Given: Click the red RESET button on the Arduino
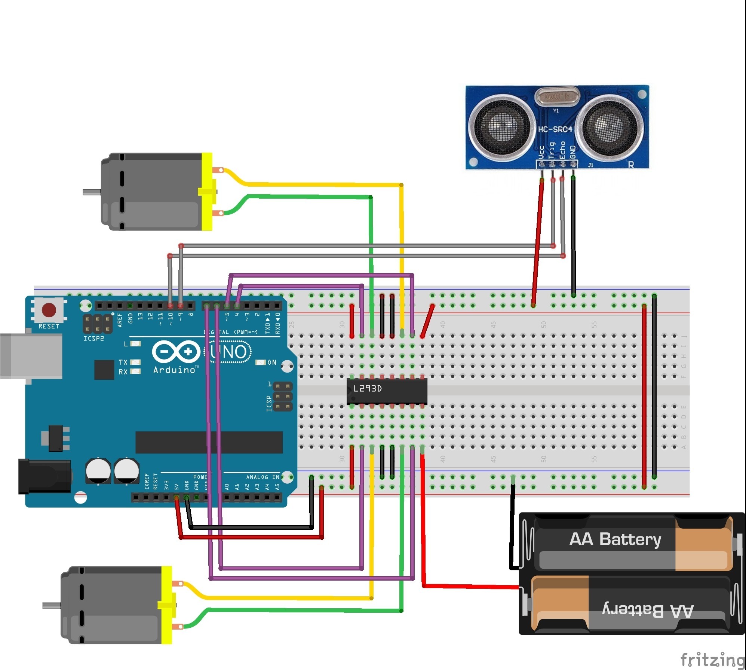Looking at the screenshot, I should click(49, 310).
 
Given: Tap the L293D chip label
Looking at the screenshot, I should click(368, 389).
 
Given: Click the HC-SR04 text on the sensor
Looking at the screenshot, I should click(555, 129).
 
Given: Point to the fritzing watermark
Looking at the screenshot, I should click(712, 659).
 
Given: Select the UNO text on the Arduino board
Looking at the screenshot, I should click(228, 352).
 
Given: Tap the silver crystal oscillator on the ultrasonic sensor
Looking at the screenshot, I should click(557, 97).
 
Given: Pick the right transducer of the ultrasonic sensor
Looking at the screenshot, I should click(610, 125).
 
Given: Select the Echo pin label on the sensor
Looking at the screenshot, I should click(562, 150).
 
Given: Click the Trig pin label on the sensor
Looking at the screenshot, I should click(552, 150).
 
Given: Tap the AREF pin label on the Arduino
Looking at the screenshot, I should click(120, 320).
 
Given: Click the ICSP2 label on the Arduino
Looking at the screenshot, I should click(93, 339).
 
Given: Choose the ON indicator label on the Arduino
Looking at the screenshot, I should click(272, 362).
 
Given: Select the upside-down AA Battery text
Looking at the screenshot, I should click(648, 611).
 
